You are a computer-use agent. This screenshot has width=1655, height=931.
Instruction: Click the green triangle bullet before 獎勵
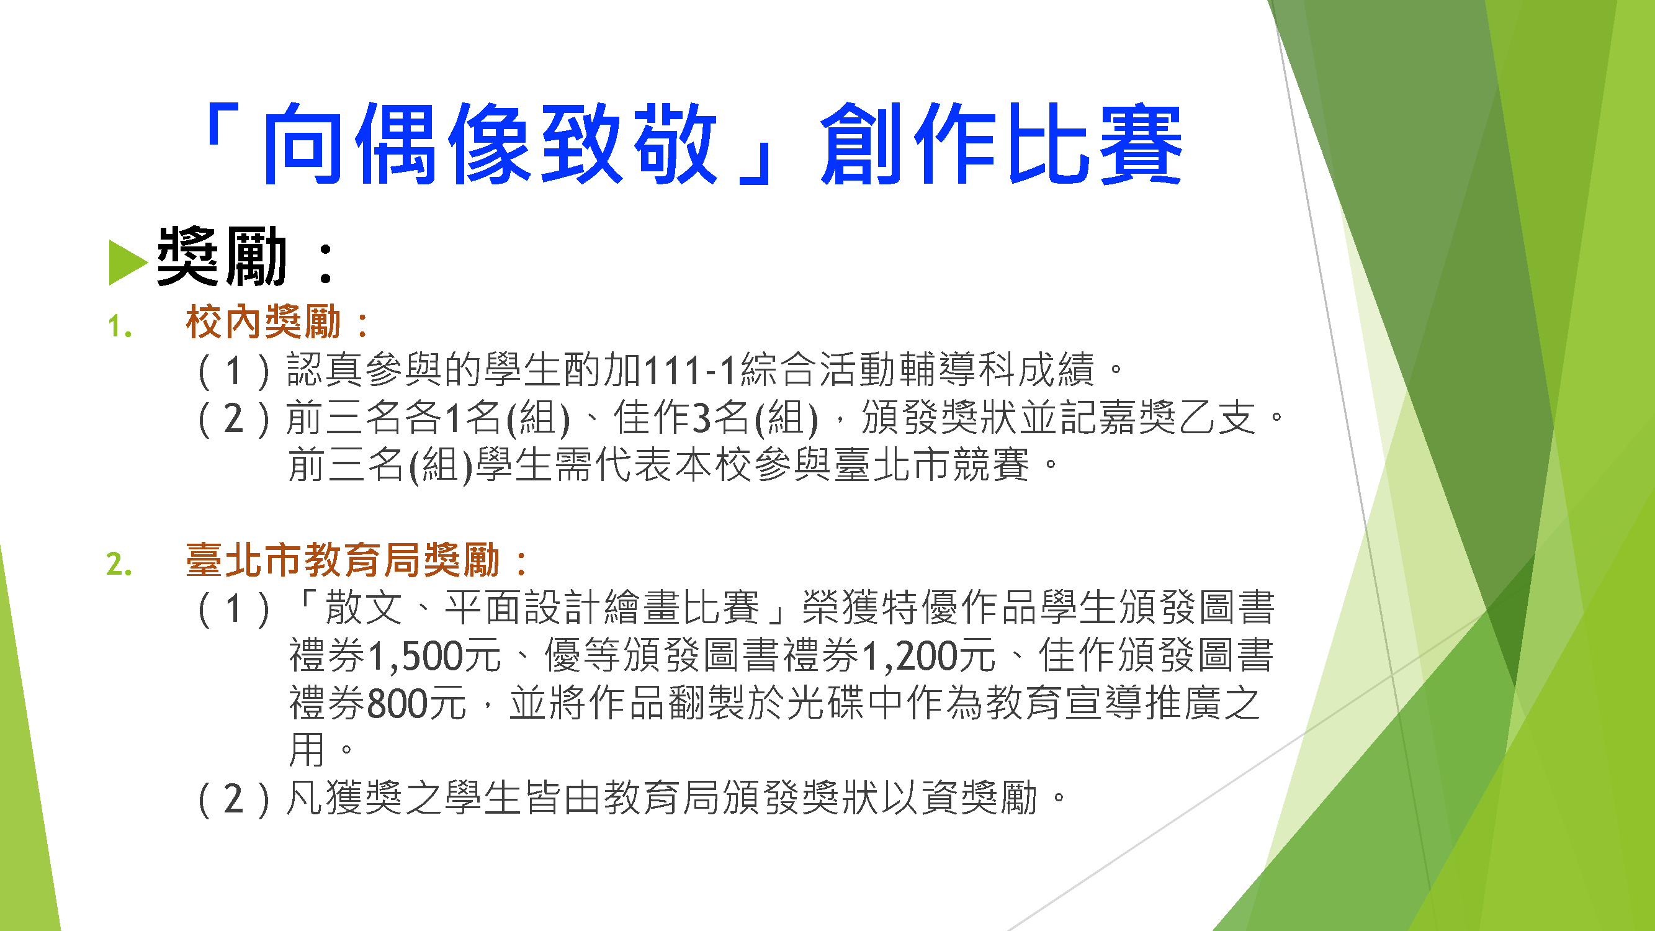(128, 261)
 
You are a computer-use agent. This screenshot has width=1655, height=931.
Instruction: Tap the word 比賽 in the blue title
(1095, 144)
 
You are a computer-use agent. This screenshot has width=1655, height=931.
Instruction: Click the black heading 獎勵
(222, 256)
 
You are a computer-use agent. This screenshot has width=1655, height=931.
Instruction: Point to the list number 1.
(120, 326)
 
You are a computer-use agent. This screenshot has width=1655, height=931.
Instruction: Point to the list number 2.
(120, 564)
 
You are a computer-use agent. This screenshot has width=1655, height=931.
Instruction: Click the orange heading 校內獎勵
(262, 322)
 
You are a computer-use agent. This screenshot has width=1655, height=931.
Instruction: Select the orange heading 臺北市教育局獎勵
(343, 559)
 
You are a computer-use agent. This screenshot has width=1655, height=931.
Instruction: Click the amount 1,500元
(435, 655)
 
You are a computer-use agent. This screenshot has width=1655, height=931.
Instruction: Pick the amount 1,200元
(929, 655)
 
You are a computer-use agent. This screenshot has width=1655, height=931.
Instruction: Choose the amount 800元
(416, 703)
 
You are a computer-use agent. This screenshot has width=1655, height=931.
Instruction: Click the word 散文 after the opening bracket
(364, 607)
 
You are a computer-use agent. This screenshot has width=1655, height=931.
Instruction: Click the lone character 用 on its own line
(307, 749)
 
